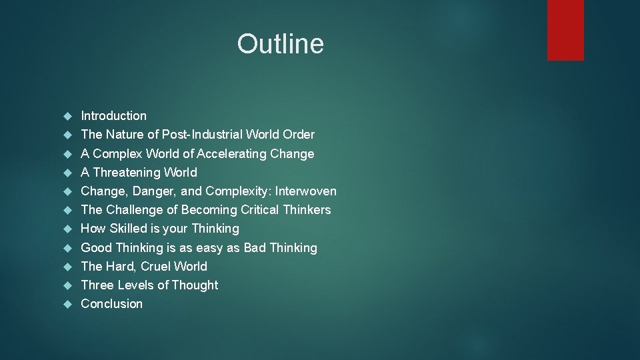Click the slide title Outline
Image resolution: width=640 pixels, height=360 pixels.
[x=280, y=44]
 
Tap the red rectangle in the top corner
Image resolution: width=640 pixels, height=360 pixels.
[x=565, y=30]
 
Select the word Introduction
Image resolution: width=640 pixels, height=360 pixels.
[x=113, y=116]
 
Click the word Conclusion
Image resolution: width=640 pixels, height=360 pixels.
[x=111, y=304]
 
